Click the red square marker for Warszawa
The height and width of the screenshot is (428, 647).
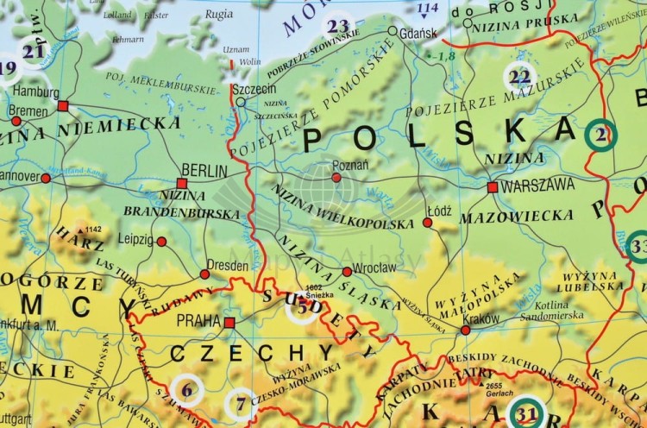(492, 186)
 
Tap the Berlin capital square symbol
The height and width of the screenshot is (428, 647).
(181, 183)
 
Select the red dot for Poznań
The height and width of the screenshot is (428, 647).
(336, 178)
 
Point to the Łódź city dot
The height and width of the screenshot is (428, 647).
(428, 223)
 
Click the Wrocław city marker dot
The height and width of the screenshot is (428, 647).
(347, 271)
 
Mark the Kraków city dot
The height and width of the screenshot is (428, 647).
(466, 330)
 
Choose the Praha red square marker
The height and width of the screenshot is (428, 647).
(229, 323)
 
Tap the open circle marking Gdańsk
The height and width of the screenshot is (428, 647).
(393, 31)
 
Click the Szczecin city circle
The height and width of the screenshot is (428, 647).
(241, 102)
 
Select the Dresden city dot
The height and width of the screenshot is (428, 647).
(204, 274)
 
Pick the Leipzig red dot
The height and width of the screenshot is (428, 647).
(161, 242)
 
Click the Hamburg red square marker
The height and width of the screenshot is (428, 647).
(63, 105)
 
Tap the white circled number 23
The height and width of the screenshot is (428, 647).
(338, 26)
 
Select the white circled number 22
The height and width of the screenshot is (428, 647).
(519, 78)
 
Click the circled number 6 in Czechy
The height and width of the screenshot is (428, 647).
(187, 390)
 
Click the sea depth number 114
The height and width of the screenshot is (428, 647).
(427, 9)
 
